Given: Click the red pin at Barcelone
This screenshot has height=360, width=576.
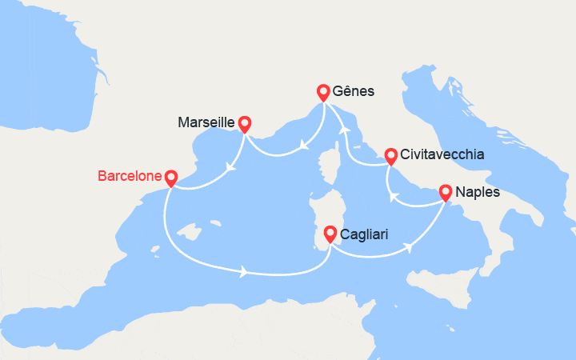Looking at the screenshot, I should point(170,177).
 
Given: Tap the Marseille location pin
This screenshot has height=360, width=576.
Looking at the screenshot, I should point(244,123).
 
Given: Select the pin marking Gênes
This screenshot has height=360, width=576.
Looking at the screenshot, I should point(323,91).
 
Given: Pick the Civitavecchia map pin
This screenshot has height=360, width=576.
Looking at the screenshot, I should point(390,155).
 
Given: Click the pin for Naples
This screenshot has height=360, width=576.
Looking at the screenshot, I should point(445,192).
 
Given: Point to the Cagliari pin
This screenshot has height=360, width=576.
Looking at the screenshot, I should point(330,234).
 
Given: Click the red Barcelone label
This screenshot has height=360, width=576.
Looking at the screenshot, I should point(129,175).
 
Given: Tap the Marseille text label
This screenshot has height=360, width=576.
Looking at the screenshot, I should point(206,123).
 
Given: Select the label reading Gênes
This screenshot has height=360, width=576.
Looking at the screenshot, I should point(354,92).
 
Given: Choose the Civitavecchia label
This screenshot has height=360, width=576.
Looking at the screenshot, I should point(442,155).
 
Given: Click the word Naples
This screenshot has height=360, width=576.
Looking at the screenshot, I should point(478,192).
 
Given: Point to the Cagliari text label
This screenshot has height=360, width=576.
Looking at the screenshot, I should point(366,234).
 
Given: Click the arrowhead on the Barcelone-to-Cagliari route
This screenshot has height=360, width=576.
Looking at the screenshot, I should point(242,274).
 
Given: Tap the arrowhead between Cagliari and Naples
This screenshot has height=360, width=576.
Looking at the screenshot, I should point(408,247).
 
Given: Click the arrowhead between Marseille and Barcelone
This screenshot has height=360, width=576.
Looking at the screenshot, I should point(230,168).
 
